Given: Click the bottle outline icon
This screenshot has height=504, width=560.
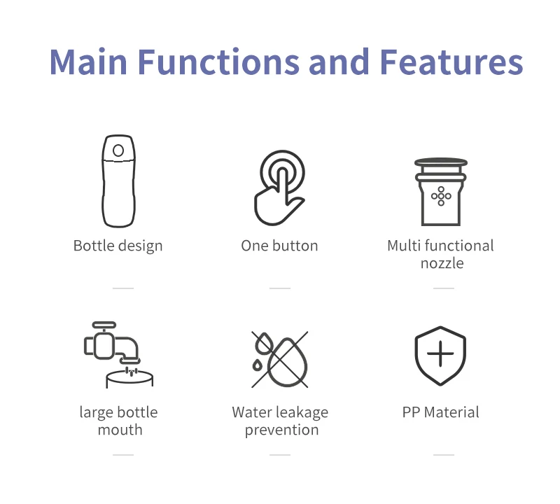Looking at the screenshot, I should [118, 181].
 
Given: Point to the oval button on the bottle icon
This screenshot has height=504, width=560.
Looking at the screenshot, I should [118, 150].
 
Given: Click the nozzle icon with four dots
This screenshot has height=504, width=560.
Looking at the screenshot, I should [441, 190].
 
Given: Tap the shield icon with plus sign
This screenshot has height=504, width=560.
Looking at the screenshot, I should [440, 356].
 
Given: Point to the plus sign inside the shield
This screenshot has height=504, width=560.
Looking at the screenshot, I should [440, 355].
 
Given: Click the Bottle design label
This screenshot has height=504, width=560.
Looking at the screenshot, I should [118, 246].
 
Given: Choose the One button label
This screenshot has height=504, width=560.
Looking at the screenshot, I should [279, 246].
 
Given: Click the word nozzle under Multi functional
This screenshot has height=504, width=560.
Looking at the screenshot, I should [442, 263].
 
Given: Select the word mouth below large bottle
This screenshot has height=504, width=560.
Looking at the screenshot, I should [120, 429].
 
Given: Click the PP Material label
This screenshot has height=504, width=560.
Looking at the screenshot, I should [440, 412].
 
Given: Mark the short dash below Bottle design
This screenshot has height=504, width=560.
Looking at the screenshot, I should [122, 288].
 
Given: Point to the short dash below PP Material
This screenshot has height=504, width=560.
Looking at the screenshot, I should [443, 454].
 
